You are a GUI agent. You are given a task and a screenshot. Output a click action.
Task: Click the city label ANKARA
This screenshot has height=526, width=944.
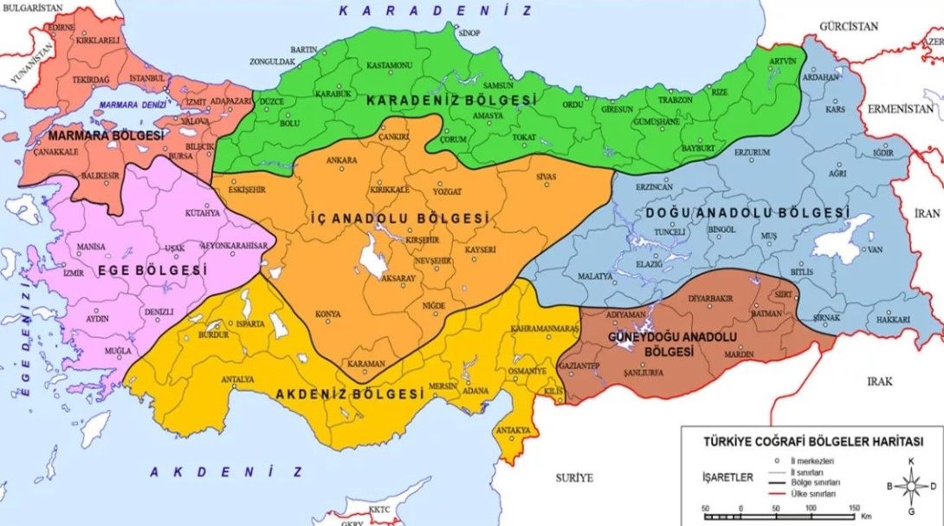pyautogui.click(x=340, y=160)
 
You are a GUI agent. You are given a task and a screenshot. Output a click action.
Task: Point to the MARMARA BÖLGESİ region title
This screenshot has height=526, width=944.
pyautogui.click(x=106, y=136)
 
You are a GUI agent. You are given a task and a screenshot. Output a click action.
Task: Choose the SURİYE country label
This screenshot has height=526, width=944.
pyautogui.click(x=573, y=477)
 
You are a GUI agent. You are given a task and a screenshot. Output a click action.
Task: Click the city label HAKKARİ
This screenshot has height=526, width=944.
pyautogui.click(x=894, y=320)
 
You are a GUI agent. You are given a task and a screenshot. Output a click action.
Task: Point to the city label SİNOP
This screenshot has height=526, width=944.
pyautogui.click(x=469, y=32)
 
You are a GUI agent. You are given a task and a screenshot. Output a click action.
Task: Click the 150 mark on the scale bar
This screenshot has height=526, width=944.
pyautogui.click(x=854, y=507)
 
